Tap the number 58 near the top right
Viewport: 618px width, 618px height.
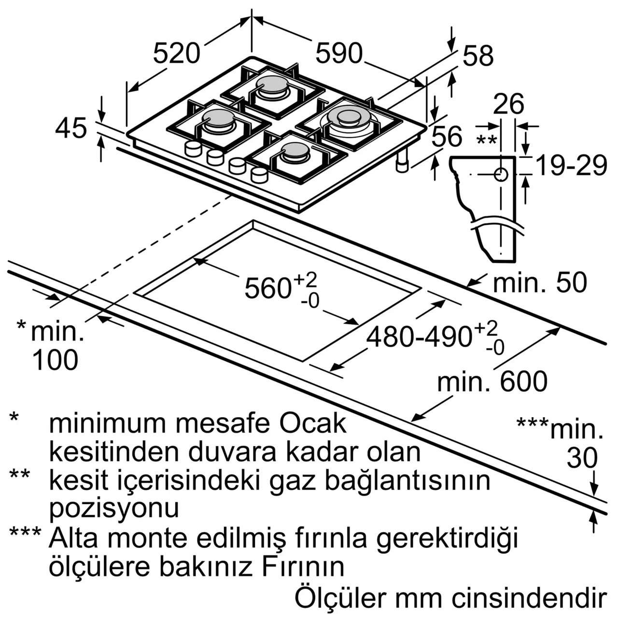click(478, 56)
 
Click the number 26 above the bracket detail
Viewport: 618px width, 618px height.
click(508, 104)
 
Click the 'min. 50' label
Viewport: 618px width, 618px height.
click(540, 282)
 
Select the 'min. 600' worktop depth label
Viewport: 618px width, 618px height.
click(492, 381)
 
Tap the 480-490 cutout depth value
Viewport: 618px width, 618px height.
click(418, 337)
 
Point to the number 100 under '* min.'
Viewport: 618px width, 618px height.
click(55, 360)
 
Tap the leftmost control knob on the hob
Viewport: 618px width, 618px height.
click(193, 148)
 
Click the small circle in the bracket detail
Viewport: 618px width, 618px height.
click(501, 174)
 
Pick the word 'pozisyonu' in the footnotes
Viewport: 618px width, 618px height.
click(114, 508)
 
